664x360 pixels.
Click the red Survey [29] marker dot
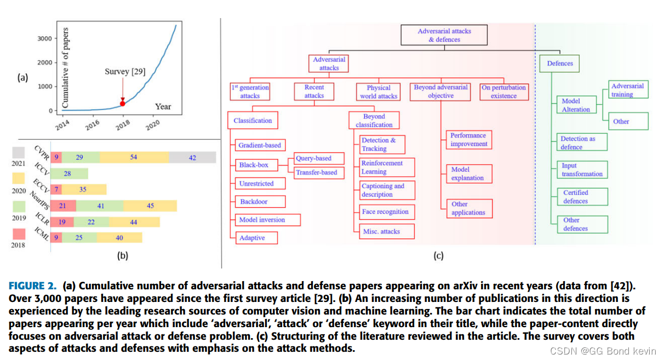point(123,103)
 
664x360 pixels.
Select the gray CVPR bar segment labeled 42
point(192,158)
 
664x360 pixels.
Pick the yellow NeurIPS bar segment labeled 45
point(150,206)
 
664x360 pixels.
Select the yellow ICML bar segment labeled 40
point(119,238)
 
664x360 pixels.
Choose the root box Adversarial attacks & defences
point(444,35)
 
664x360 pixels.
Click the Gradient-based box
point(260,145)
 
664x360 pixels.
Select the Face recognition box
point(385,212)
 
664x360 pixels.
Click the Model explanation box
point(468,174)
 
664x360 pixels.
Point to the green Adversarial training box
point(628,90)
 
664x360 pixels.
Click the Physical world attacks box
point(379,92)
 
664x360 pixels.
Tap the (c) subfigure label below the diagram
point(438,255)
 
